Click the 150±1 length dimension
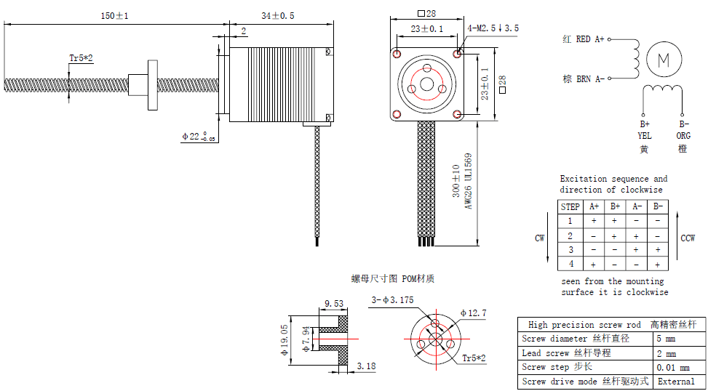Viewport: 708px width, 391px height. point(115,16)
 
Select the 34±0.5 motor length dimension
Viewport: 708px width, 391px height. point(278,16)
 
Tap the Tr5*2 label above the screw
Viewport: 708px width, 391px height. point(81,57)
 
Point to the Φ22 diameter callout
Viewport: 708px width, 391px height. point(195,136)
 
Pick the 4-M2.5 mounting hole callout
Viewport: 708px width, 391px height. point(493,28)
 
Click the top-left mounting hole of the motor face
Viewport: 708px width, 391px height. point(397,54)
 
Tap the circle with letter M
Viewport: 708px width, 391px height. point(664,59)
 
